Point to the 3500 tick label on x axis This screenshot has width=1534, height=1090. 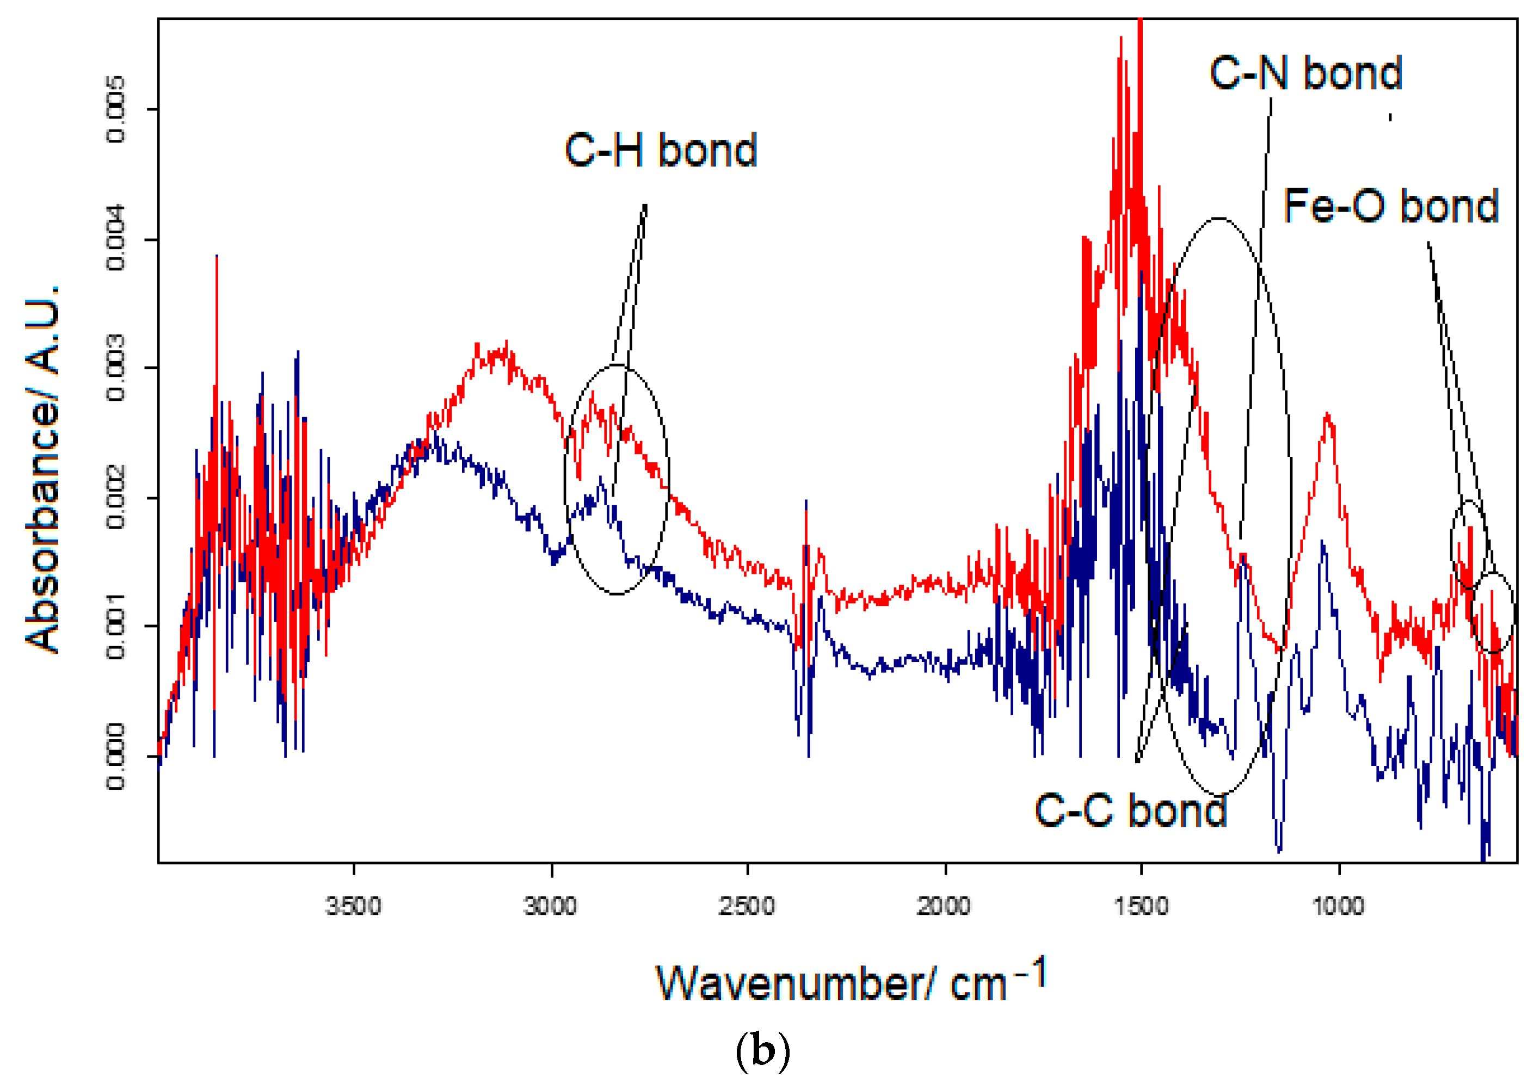(353, 906)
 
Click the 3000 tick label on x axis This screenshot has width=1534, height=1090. (551, 906)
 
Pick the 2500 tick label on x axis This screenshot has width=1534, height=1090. (747, 906)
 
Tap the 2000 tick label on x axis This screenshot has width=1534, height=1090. (944, 906)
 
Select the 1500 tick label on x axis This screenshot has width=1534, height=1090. (1141, 906)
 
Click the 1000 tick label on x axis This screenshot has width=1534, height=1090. (1338, 906)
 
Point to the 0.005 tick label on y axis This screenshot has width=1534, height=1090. (115, 109)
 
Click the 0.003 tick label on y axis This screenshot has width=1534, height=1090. (115, 368)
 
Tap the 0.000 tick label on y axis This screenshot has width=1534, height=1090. (115, 757)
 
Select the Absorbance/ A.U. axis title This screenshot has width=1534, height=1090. (41, 468)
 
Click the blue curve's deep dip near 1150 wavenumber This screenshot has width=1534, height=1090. (1279, 850)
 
